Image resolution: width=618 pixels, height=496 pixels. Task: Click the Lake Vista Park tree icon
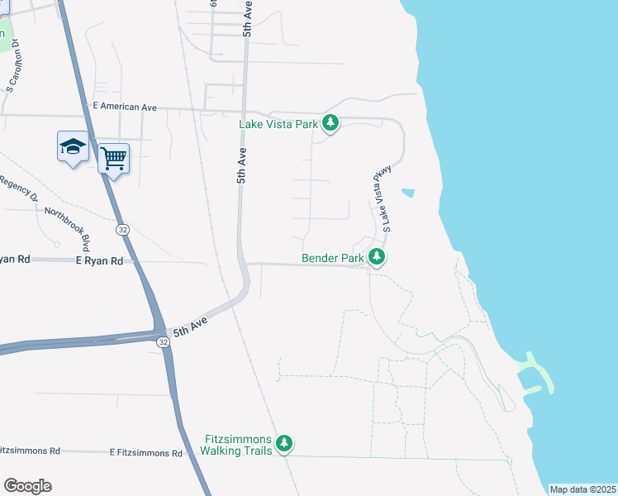click(330, 124)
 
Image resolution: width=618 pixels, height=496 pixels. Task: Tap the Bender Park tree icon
click(377, 258)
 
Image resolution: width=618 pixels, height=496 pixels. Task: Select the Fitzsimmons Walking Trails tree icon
click(284, 444)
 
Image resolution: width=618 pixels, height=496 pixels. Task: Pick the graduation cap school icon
click(73, 146)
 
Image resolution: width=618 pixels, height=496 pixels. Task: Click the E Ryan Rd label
click(98, 260)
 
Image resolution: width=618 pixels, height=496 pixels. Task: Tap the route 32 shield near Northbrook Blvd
click(122, 229)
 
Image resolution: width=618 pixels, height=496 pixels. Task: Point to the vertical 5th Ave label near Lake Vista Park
click(242, 165)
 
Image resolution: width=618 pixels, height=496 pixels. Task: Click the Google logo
click(27, 486)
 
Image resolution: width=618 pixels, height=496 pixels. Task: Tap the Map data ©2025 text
click(582, 489)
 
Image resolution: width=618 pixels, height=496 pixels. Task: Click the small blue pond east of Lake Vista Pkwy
click(408, 193)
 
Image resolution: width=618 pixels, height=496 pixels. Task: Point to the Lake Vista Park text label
click(278, 124)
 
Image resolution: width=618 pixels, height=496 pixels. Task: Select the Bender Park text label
click(332, 258)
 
